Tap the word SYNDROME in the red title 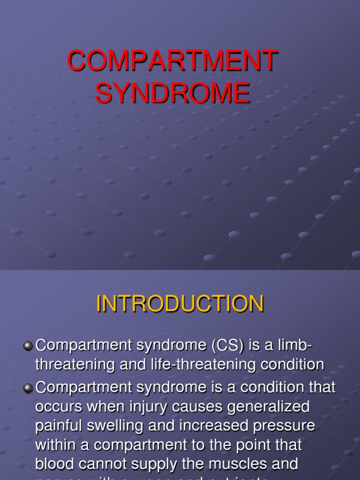coord(172,92)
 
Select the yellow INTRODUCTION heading coord(180,304)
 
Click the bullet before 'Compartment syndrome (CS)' coord(29,346)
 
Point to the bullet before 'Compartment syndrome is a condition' coord(29,388)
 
